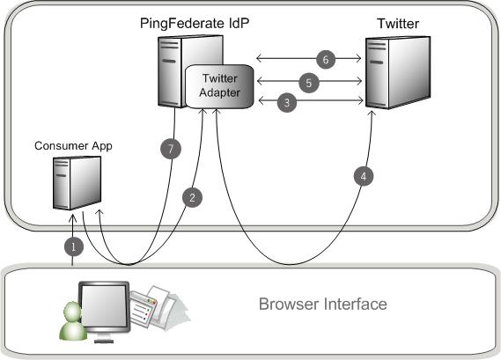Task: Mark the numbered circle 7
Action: point(173,149)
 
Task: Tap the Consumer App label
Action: point(72,143)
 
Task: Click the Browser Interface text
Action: point(322,305)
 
